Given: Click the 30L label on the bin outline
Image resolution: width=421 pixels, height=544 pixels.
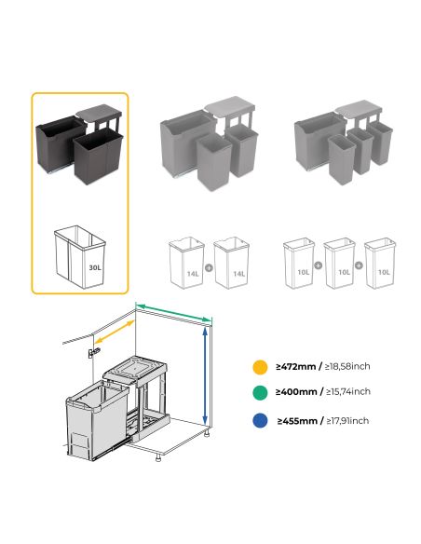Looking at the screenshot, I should click(x=94, y=266).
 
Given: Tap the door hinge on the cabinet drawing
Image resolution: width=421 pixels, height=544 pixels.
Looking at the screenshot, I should click(x=90, y=353).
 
